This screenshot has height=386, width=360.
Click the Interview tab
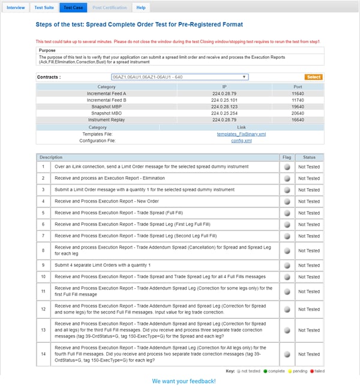(x=16, y=8)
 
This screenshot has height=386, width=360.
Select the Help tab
(x=141, y=8)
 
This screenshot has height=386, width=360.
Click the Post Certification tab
(x=109, y=8)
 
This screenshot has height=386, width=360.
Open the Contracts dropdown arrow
(x=244, y=77)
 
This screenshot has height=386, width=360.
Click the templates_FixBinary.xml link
(x=241, y=134)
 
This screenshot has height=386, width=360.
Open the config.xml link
(x=241, y=141)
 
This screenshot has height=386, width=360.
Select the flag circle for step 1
(x=287, y=168)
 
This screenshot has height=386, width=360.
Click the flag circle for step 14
(x=287, y=355)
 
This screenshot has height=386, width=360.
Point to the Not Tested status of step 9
(x=309, y=264)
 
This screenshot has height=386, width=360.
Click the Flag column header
(x=287, y=157)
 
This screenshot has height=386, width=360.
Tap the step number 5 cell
(x=43, y=213)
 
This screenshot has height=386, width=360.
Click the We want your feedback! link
(x=184, y=381)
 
